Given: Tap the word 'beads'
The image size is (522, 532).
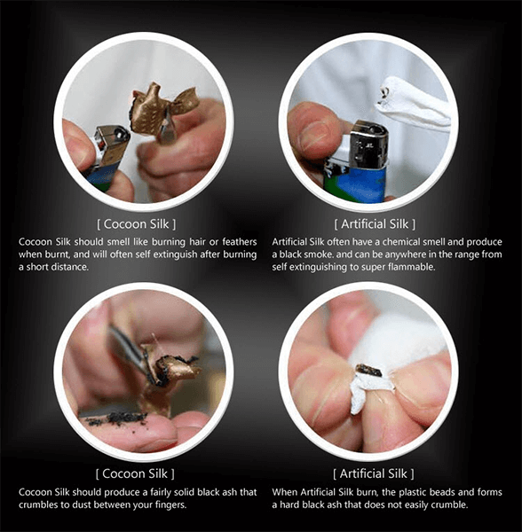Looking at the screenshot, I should [x=431, y=492].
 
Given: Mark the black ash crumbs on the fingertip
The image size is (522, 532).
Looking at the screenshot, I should [x=115, y=417].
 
